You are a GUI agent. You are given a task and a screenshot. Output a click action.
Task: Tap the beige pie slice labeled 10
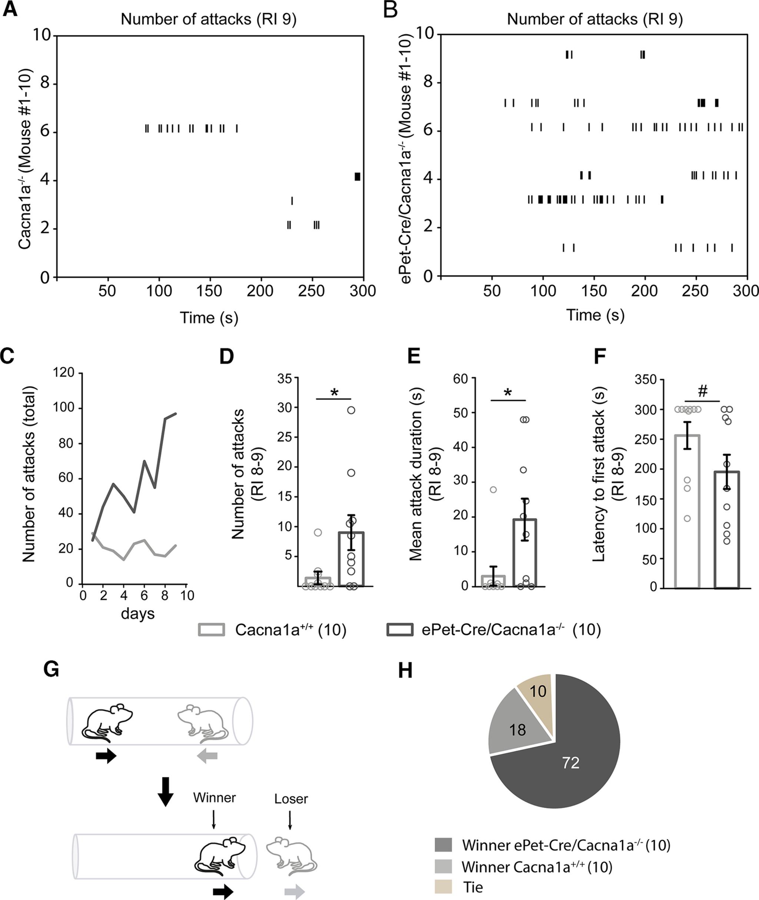click(x=538, y=691)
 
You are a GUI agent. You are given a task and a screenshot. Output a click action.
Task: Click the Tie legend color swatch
click(x=443, y=887)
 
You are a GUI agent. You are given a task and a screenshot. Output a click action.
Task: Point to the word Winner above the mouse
click(x=214, y=798)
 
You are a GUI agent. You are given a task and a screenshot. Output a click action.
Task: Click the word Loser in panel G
click(x=291, y=799)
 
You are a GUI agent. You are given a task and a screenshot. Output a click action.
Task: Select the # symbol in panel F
click(x=702, y=391)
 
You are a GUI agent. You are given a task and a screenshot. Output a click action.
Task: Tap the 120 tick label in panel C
click(x=64, y=372)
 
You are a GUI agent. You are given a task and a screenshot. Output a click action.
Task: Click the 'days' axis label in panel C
click(x=138, y=613)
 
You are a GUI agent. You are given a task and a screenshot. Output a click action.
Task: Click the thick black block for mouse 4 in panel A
click(x=357, y=177)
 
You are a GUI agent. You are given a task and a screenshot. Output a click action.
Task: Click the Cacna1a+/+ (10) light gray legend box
click(x=211, y=630)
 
